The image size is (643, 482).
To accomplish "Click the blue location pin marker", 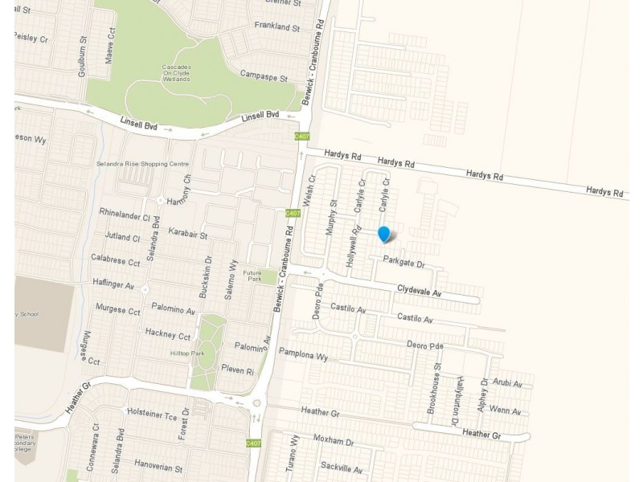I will tap(384, 234).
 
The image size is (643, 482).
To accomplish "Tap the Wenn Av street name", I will tap(505, 411).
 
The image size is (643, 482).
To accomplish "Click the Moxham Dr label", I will tap(334, 442).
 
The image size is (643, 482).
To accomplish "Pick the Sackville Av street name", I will tap(342, 468).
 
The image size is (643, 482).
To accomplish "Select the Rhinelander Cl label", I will tap(125, 217).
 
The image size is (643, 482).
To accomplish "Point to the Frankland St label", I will tap(276, 27).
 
